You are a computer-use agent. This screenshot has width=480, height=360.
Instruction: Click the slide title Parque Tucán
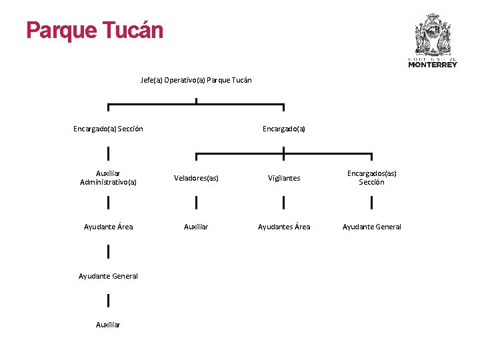pyautogui.click(x=95, y=31)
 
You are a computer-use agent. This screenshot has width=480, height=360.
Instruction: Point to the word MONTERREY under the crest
pyautogui.click(x=433, y=65)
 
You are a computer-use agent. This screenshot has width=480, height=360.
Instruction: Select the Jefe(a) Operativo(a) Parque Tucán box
pyautogui.click(x=196, y=80)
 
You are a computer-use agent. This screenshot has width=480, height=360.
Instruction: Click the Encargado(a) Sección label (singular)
pyautogui.click(x=108, y=128)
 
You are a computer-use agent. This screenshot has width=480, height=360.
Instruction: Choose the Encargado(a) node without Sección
pyautogui.click(x=284, y=128)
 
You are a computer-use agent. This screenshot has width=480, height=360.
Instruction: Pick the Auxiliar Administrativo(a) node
pyautogui.click(x=108, y=177)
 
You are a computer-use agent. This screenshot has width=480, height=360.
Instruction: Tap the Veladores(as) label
pyautogui.click(x=196, y=178)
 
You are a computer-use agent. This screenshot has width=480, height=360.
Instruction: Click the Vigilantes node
pyautogui.click(x=284, y=178)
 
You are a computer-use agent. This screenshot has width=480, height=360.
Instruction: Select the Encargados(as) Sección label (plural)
pyautogui.click(x=371, y=177)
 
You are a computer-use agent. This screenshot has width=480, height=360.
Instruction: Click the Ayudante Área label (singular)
pyautogui.click(x=108, y=227)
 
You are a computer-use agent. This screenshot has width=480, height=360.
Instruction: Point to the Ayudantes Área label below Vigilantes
pyautogui.click(x=284, y=227)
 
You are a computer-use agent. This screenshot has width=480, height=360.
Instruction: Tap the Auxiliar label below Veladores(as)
pyautogui.click(x=196, y=227)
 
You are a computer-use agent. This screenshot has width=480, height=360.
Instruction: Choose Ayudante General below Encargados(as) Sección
pyautogui.click(x=371, y=227)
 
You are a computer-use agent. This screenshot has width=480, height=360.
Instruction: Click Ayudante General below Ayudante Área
pyautogui.click(x=108, y=276)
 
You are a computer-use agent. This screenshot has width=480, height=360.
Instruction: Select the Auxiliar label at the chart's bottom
pyautogui.click(x=108, y=325)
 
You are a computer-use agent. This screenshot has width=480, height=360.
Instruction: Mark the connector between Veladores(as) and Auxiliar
pyautogui.click(x=196, y=203)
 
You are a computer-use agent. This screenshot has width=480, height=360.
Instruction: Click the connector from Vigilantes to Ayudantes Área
pyautogui.click(x=284, y=203)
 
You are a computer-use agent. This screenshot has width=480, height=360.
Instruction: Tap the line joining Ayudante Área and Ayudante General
pyautogui.click(x=108, y=251)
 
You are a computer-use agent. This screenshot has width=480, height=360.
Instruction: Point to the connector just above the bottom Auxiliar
pyautogui.click(x=108, y=301)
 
